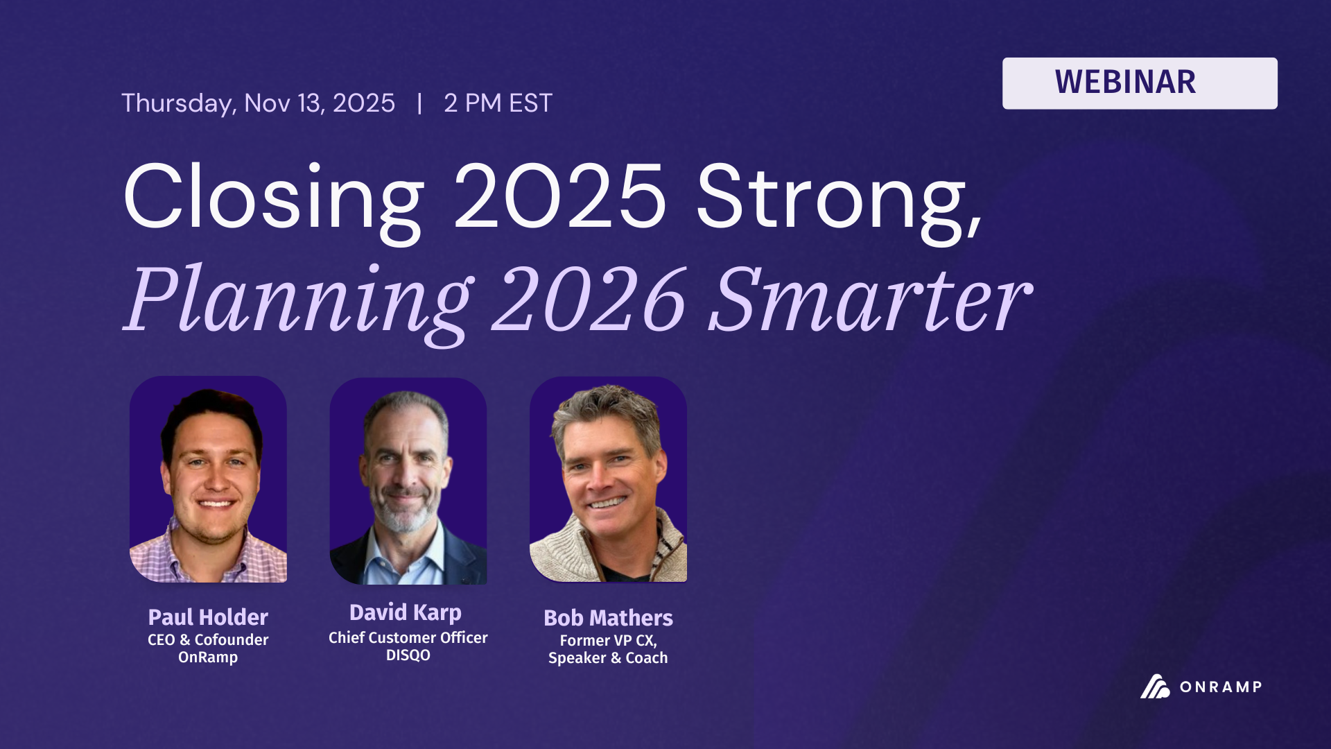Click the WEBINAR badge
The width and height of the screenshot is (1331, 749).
coord(1139,83)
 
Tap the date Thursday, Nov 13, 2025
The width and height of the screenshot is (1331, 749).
coord(258,103)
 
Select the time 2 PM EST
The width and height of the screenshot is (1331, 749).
coord(498,103)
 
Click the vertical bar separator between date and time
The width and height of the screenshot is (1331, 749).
coord(419,103)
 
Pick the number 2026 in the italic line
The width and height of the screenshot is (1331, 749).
coord(589,300)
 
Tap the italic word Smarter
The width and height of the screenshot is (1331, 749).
coord(869,300)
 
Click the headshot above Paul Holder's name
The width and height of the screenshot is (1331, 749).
coord(208,479)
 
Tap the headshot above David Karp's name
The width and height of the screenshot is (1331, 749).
coord(408,481)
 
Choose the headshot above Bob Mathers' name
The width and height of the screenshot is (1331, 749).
coord(608,479)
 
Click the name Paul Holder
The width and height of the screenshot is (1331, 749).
coord(208,617)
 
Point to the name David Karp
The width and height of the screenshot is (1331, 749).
coord(406,612)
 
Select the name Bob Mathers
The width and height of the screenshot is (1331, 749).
coord(608,618)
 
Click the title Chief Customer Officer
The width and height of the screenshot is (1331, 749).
coord(408,637)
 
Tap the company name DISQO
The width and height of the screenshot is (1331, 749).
coord(408,655)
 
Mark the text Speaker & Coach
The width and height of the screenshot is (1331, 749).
coord(608,658)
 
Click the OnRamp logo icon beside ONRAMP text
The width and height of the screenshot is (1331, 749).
coord(1154,687)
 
